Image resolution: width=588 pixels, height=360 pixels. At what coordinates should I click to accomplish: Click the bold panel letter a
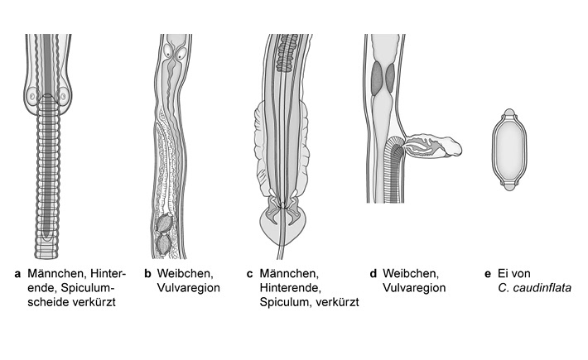click(x=17, y=272)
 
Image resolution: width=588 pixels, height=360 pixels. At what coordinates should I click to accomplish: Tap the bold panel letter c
click(x=249, y=272)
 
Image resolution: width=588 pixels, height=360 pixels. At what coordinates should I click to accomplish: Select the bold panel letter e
click(x=487, y=272)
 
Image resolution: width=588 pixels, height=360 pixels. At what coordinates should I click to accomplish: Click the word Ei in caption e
click(x=507, y=272)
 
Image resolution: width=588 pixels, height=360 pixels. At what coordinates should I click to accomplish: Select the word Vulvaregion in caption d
click(x=414, y=287)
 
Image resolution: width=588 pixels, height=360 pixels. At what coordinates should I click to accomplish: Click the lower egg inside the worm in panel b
click(x=163, y=244)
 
